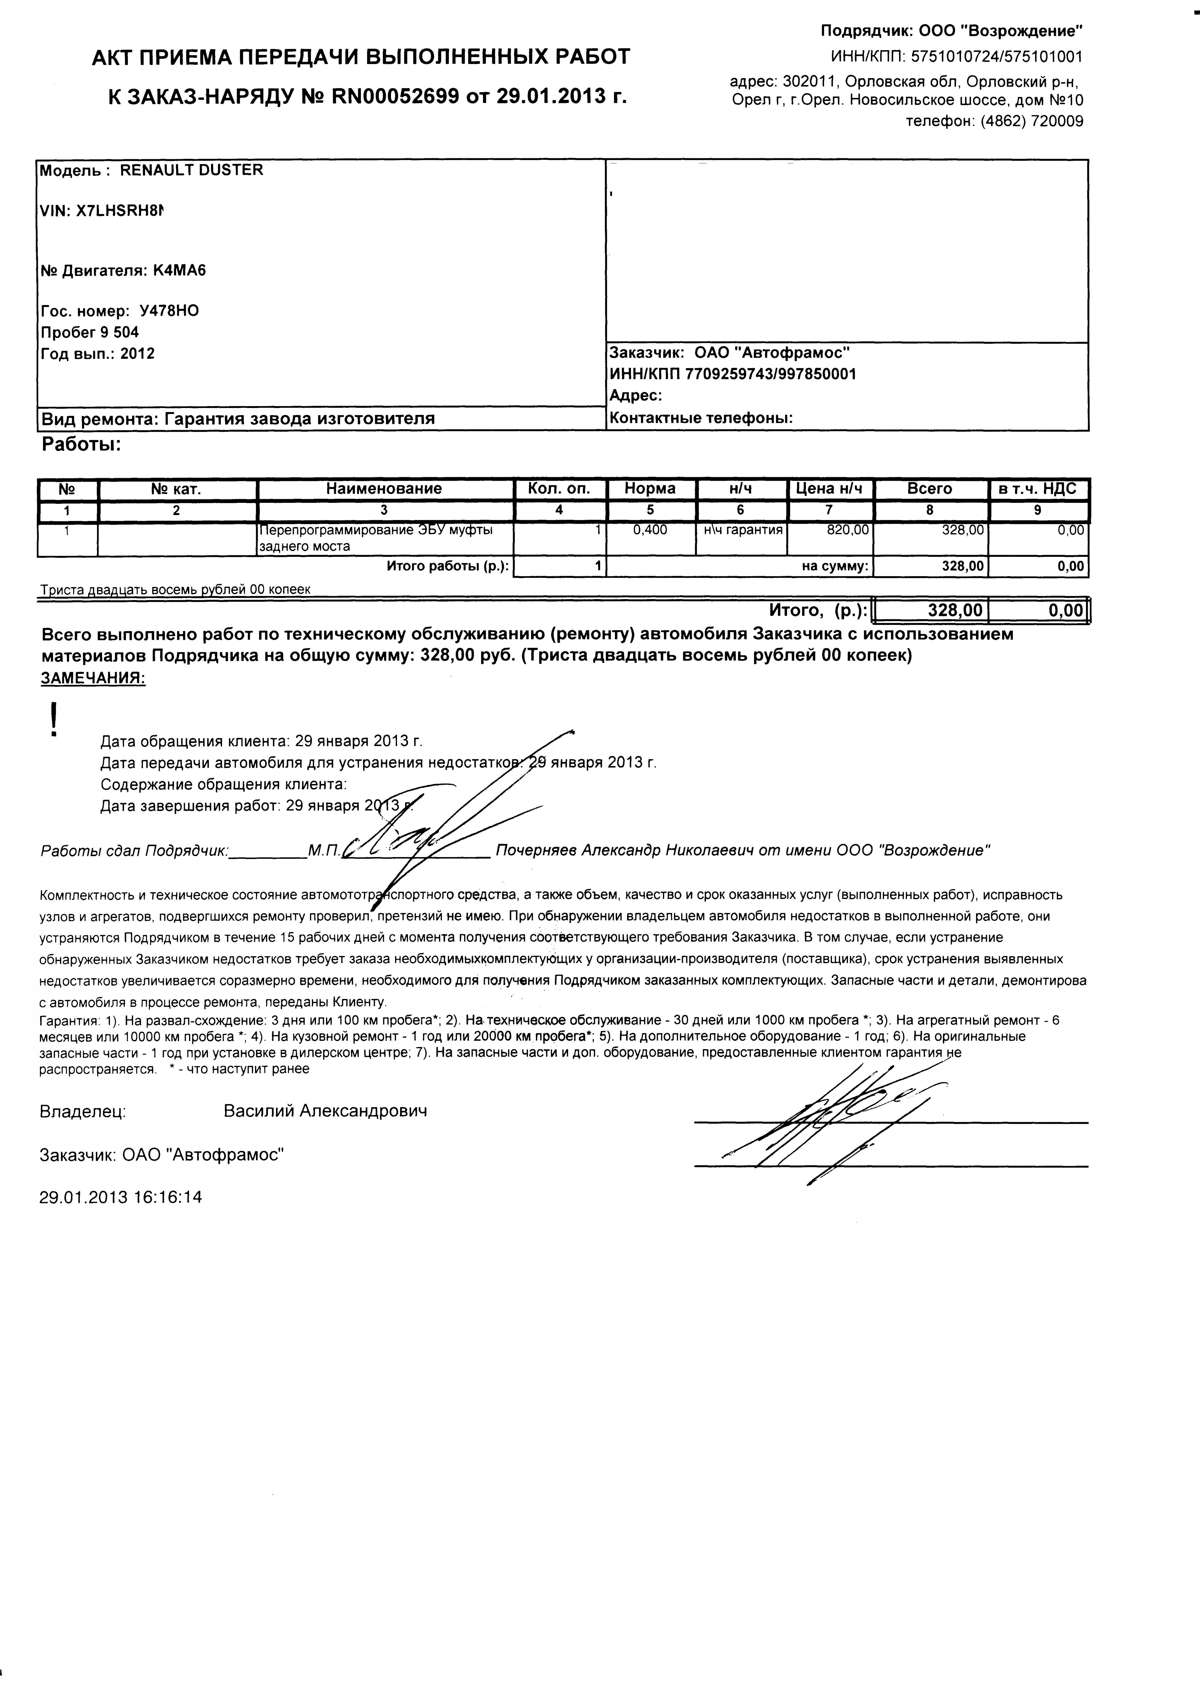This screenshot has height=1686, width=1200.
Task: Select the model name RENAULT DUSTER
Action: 191,170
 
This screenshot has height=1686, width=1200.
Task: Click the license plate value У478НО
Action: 169,311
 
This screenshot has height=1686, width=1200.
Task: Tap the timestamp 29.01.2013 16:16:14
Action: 120,1197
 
